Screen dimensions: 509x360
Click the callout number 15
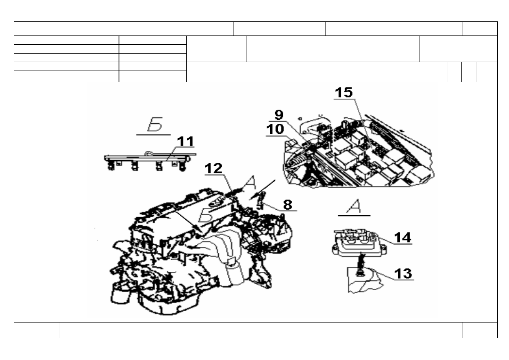344,92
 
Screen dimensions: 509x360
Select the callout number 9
279,115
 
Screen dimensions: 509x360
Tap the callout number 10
275,129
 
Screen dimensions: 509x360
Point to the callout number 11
186,141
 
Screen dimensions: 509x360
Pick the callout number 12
213,168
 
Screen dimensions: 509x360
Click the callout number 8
288,205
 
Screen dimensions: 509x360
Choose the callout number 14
403,237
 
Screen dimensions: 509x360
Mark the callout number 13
403,273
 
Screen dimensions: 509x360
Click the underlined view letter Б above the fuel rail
155,124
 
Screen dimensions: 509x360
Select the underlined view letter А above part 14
354,206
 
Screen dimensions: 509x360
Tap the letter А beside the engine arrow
250,183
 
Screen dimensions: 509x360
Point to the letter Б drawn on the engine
206,215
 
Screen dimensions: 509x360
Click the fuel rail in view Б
150,157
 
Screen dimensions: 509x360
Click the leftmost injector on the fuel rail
111,166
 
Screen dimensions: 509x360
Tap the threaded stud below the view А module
361,265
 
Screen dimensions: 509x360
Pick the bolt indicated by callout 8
261,200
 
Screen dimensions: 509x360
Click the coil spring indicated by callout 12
233,193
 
